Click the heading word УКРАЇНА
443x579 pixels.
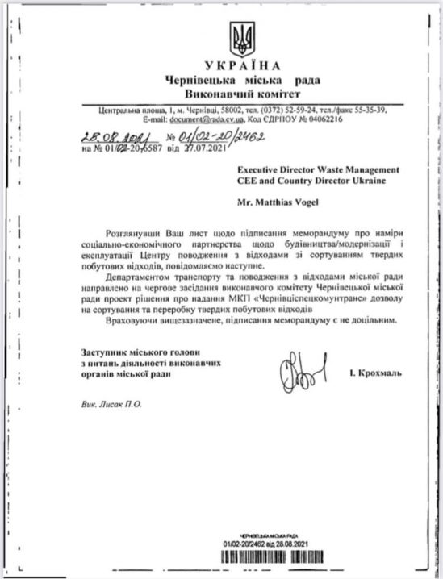242,65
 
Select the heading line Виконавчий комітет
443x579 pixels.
242,94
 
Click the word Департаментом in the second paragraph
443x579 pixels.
146,277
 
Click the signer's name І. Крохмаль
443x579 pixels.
375,373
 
